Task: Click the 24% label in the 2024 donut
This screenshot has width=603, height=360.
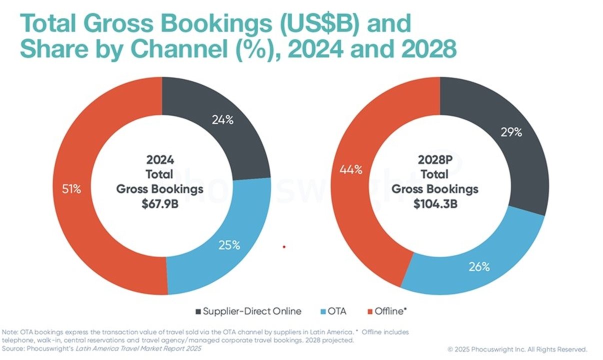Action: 221,121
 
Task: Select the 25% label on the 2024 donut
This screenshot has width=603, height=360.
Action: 229,245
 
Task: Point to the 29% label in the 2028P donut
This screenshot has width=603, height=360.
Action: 511,132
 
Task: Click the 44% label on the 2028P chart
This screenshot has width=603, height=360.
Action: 351,169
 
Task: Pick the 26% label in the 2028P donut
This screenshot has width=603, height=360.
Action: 478,266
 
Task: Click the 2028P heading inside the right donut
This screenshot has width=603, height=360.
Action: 435,160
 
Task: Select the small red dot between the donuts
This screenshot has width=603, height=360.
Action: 284,246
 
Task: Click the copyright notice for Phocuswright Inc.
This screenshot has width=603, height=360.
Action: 517,349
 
